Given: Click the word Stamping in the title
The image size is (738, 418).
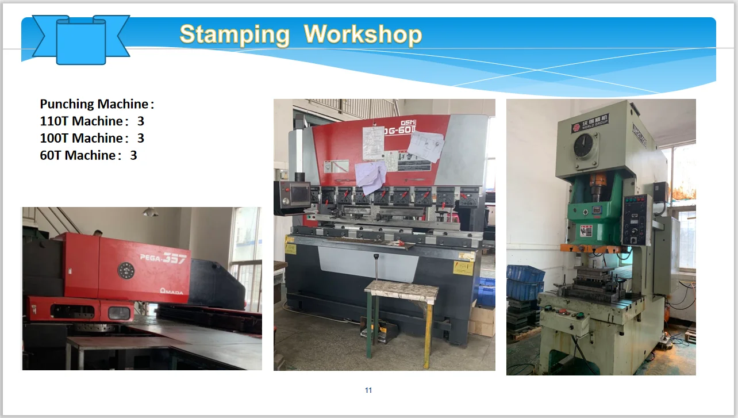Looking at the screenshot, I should click(235, 34).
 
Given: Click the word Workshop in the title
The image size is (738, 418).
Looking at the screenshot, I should click(363, 34).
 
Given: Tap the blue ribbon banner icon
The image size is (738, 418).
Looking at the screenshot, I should click(81, 38).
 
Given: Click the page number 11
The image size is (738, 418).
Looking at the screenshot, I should click(368, 390).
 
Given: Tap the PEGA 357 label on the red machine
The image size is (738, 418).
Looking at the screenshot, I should click(163, 259).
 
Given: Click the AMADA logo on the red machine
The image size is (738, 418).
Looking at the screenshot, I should click(172, 292).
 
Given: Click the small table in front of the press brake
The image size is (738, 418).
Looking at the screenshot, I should click(401, 290).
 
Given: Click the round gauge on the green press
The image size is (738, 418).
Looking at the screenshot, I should click(585, 145).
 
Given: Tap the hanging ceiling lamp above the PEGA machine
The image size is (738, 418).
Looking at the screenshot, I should click(151, 212).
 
